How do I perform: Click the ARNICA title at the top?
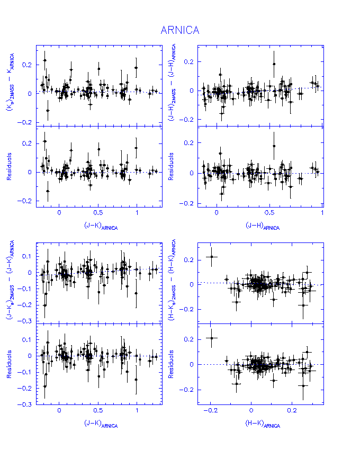(180, 30)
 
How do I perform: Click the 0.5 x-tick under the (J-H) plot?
(269, 213)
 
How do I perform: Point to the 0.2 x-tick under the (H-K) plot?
(292, 411)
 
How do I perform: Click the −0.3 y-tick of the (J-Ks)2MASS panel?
(25, 322)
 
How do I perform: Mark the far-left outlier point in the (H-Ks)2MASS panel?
(212, 257)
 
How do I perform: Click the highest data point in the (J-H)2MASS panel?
(274, 64)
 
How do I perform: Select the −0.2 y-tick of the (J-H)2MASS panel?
(187, 120)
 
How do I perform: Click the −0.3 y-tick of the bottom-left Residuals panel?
(25, 404)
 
